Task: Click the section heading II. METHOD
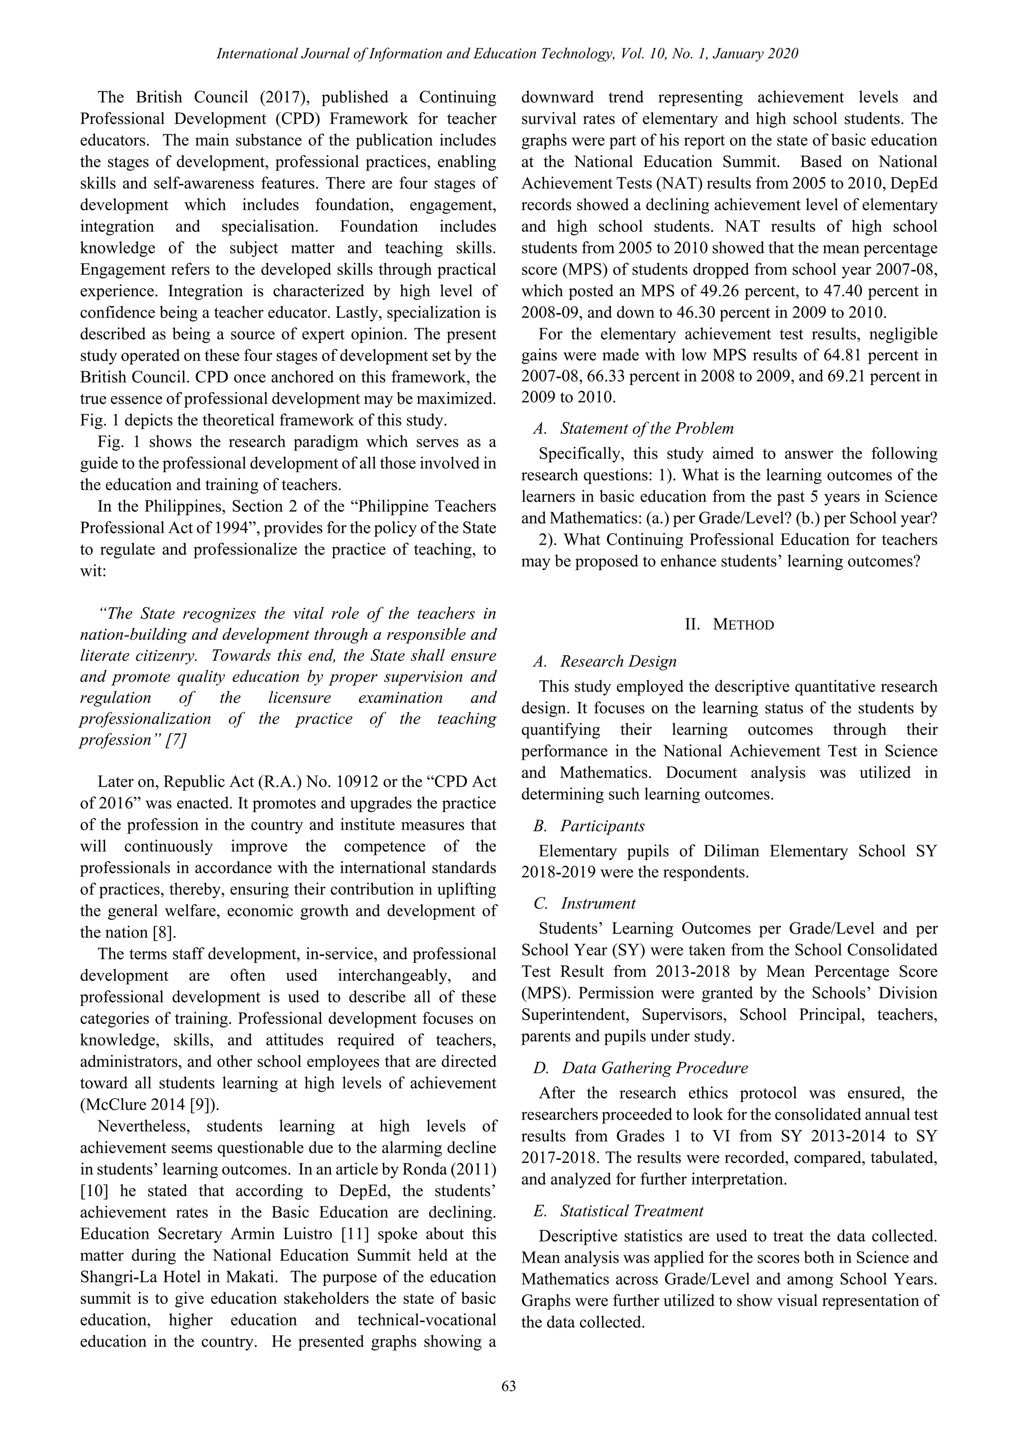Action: [x=729, y=624]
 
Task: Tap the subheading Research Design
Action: [x=618, y=661]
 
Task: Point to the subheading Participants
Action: [x=602, y=825]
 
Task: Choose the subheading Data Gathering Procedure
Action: [x=655, y=1067]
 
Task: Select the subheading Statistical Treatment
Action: [x=632, y=1211]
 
